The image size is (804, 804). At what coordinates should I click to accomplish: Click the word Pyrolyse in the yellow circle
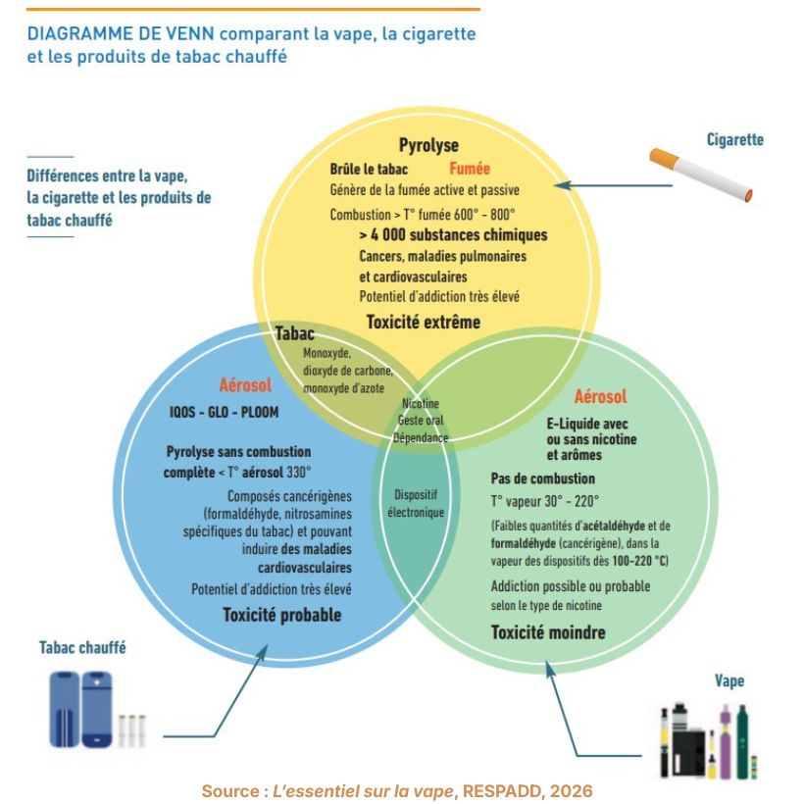[x=428, y=145]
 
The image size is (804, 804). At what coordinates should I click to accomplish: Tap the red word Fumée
[x=470, y=169]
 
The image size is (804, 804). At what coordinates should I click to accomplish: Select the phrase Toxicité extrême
[x=424, y=322]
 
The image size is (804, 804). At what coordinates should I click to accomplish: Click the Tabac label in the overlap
[x=295, y=333]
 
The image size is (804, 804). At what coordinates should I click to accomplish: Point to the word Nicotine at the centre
[x=421, y=404]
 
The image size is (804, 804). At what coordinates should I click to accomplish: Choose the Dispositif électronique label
[x=416, y=504]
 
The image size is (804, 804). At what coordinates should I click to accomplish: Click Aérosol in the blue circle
[x=245, y=385]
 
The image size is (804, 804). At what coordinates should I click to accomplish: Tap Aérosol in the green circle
[x=600, y=396]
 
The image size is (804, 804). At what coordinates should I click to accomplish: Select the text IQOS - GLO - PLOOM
[x=225, y=412]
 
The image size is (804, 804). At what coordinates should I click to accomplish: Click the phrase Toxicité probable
[x=282, y=615]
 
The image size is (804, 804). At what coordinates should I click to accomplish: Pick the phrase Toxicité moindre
[x=548, y=632]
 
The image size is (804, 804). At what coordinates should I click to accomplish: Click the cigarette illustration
[x=701, y=175]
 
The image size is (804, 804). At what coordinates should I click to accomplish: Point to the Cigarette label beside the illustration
[x=735, y=139]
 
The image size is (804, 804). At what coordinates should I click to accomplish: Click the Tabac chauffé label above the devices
[x=82, y=647]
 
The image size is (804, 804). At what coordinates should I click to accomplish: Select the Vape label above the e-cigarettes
[x=729, y=680]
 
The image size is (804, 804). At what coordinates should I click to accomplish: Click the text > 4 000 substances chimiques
[x=453, y=235]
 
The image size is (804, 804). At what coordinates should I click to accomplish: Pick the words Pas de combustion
[x=543, y=478]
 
